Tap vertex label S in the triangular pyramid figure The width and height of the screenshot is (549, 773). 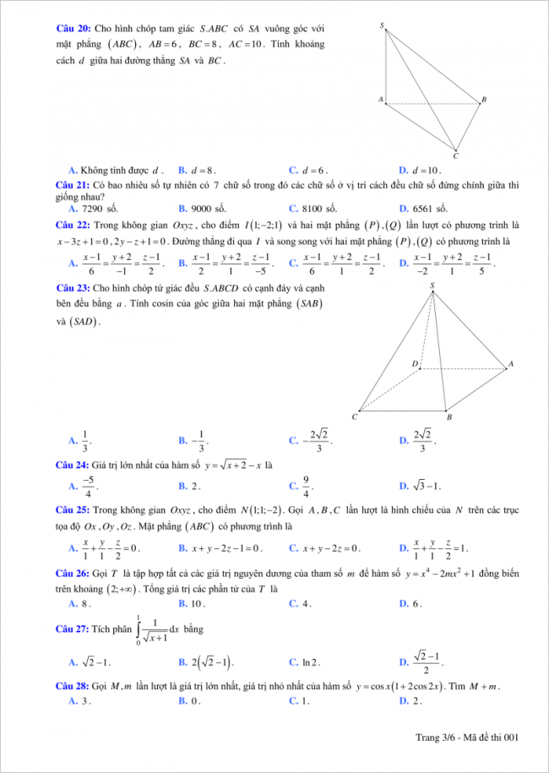[382, 26]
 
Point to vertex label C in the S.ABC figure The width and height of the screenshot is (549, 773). [455, 155]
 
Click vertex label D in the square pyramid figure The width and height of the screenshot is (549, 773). [415, 363]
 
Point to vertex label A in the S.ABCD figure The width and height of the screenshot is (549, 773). [509, 364]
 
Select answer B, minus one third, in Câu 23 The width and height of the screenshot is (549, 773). [197, 440]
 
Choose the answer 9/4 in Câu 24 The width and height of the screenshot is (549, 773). [307, 486]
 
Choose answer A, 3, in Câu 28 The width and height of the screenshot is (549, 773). [79, 700]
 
